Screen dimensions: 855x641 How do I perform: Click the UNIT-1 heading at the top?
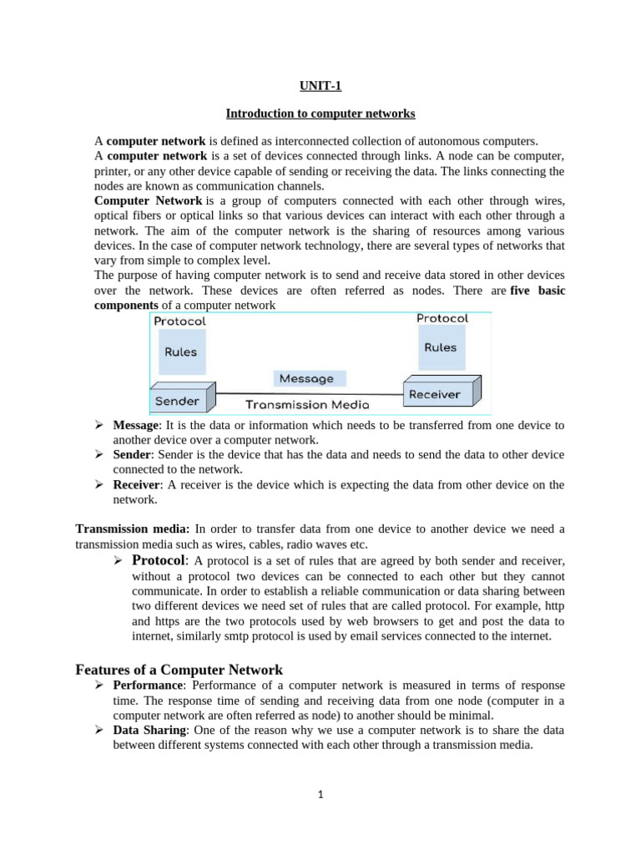(x=320, y=85)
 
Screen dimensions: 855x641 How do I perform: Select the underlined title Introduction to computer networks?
(x=321, y=113)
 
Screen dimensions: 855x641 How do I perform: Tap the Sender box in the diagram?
(x=177, y=401)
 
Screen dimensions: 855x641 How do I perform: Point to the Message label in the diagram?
(x=306, y=378)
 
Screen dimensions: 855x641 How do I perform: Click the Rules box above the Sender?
(x=180, y=352)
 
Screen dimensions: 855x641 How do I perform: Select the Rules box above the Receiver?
(x=441, y=347)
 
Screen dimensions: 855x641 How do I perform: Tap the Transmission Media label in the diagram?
(x=307, y=405)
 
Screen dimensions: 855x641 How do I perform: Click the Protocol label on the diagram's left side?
(x=179, y=321)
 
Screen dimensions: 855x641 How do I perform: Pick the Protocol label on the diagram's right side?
(x=442, y=318)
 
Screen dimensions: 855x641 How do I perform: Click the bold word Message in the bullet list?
(x=136, y=426)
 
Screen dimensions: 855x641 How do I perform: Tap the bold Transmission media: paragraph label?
(x=133, y=529)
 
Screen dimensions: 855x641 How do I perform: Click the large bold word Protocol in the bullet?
(x=159, y=559)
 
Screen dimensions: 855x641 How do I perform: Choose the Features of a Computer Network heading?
(x=179, y=670)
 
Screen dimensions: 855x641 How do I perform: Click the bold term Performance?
(x=148, y=686)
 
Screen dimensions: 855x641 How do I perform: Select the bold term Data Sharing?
(x=147, y=731)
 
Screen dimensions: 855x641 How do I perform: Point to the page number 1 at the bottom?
(x=320, y=795)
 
